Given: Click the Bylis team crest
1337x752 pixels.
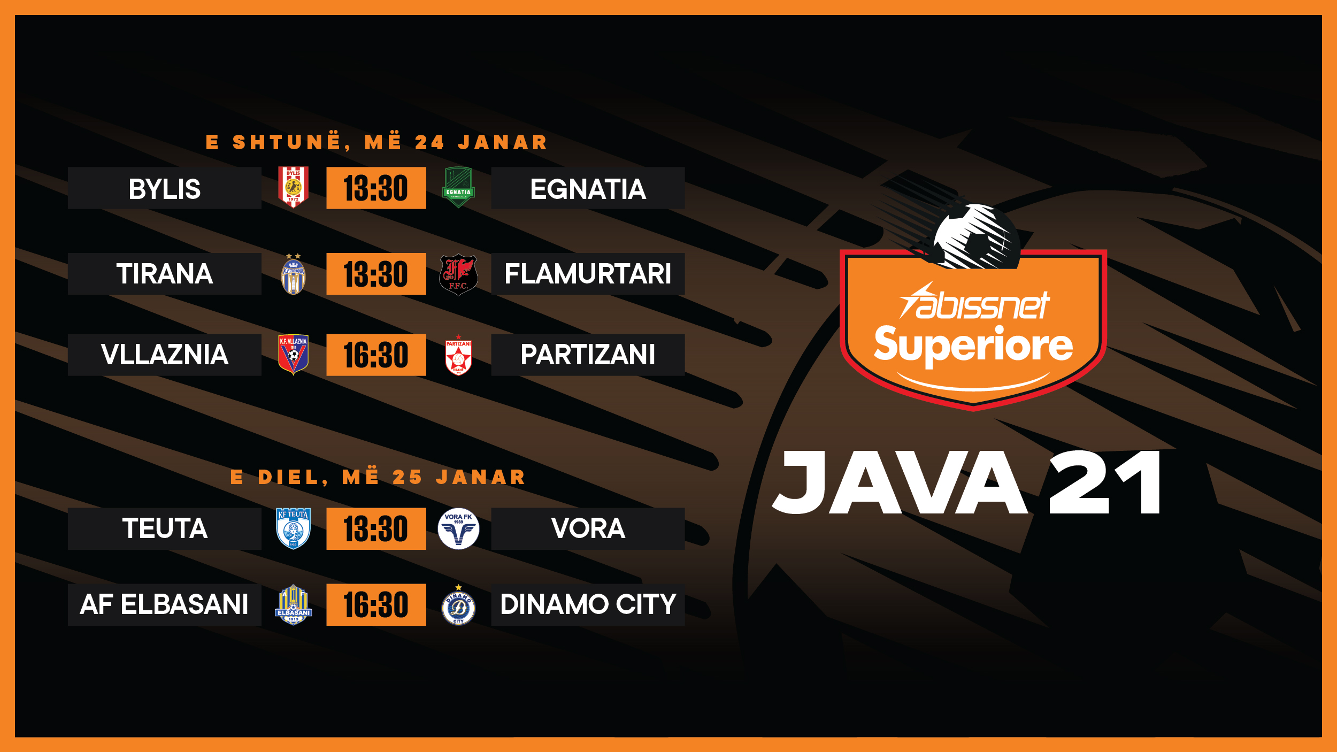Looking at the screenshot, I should [x=293, y=187].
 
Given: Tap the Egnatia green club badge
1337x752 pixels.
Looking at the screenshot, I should [x=458, y=188].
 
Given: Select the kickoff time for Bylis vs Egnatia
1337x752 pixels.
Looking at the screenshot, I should [x=376, y=188].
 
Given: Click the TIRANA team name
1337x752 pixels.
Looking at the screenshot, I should [x=165, y=274].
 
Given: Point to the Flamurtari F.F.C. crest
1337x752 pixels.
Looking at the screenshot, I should [x=458, y=274].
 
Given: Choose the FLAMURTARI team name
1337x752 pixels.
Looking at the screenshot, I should [x=588, y=274].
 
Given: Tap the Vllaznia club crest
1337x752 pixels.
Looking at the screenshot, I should [x=293, y=354].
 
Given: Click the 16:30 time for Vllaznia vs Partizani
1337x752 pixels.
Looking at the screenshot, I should [x=376, y=355].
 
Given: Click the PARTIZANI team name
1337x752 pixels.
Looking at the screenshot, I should [x=588, y=355].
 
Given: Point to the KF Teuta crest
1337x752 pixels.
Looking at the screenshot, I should [x=293, y=528].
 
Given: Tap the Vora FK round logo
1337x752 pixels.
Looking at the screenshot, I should [x=458, y=528].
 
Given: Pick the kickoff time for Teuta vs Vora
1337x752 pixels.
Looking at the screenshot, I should [x=376, y=529].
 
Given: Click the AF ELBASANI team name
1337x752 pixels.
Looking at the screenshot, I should [x=164, y=604].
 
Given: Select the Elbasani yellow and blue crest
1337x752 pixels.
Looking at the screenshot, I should [x=293, y=605].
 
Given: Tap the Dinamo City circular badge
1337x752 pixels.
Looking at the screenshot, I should [x=458, y=607].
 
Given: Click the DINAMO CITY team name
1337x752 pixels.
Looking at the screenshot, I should [x=588, y=604].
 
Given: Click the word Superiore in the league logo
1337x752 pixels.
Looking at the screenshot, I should [x=973, y=345].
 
